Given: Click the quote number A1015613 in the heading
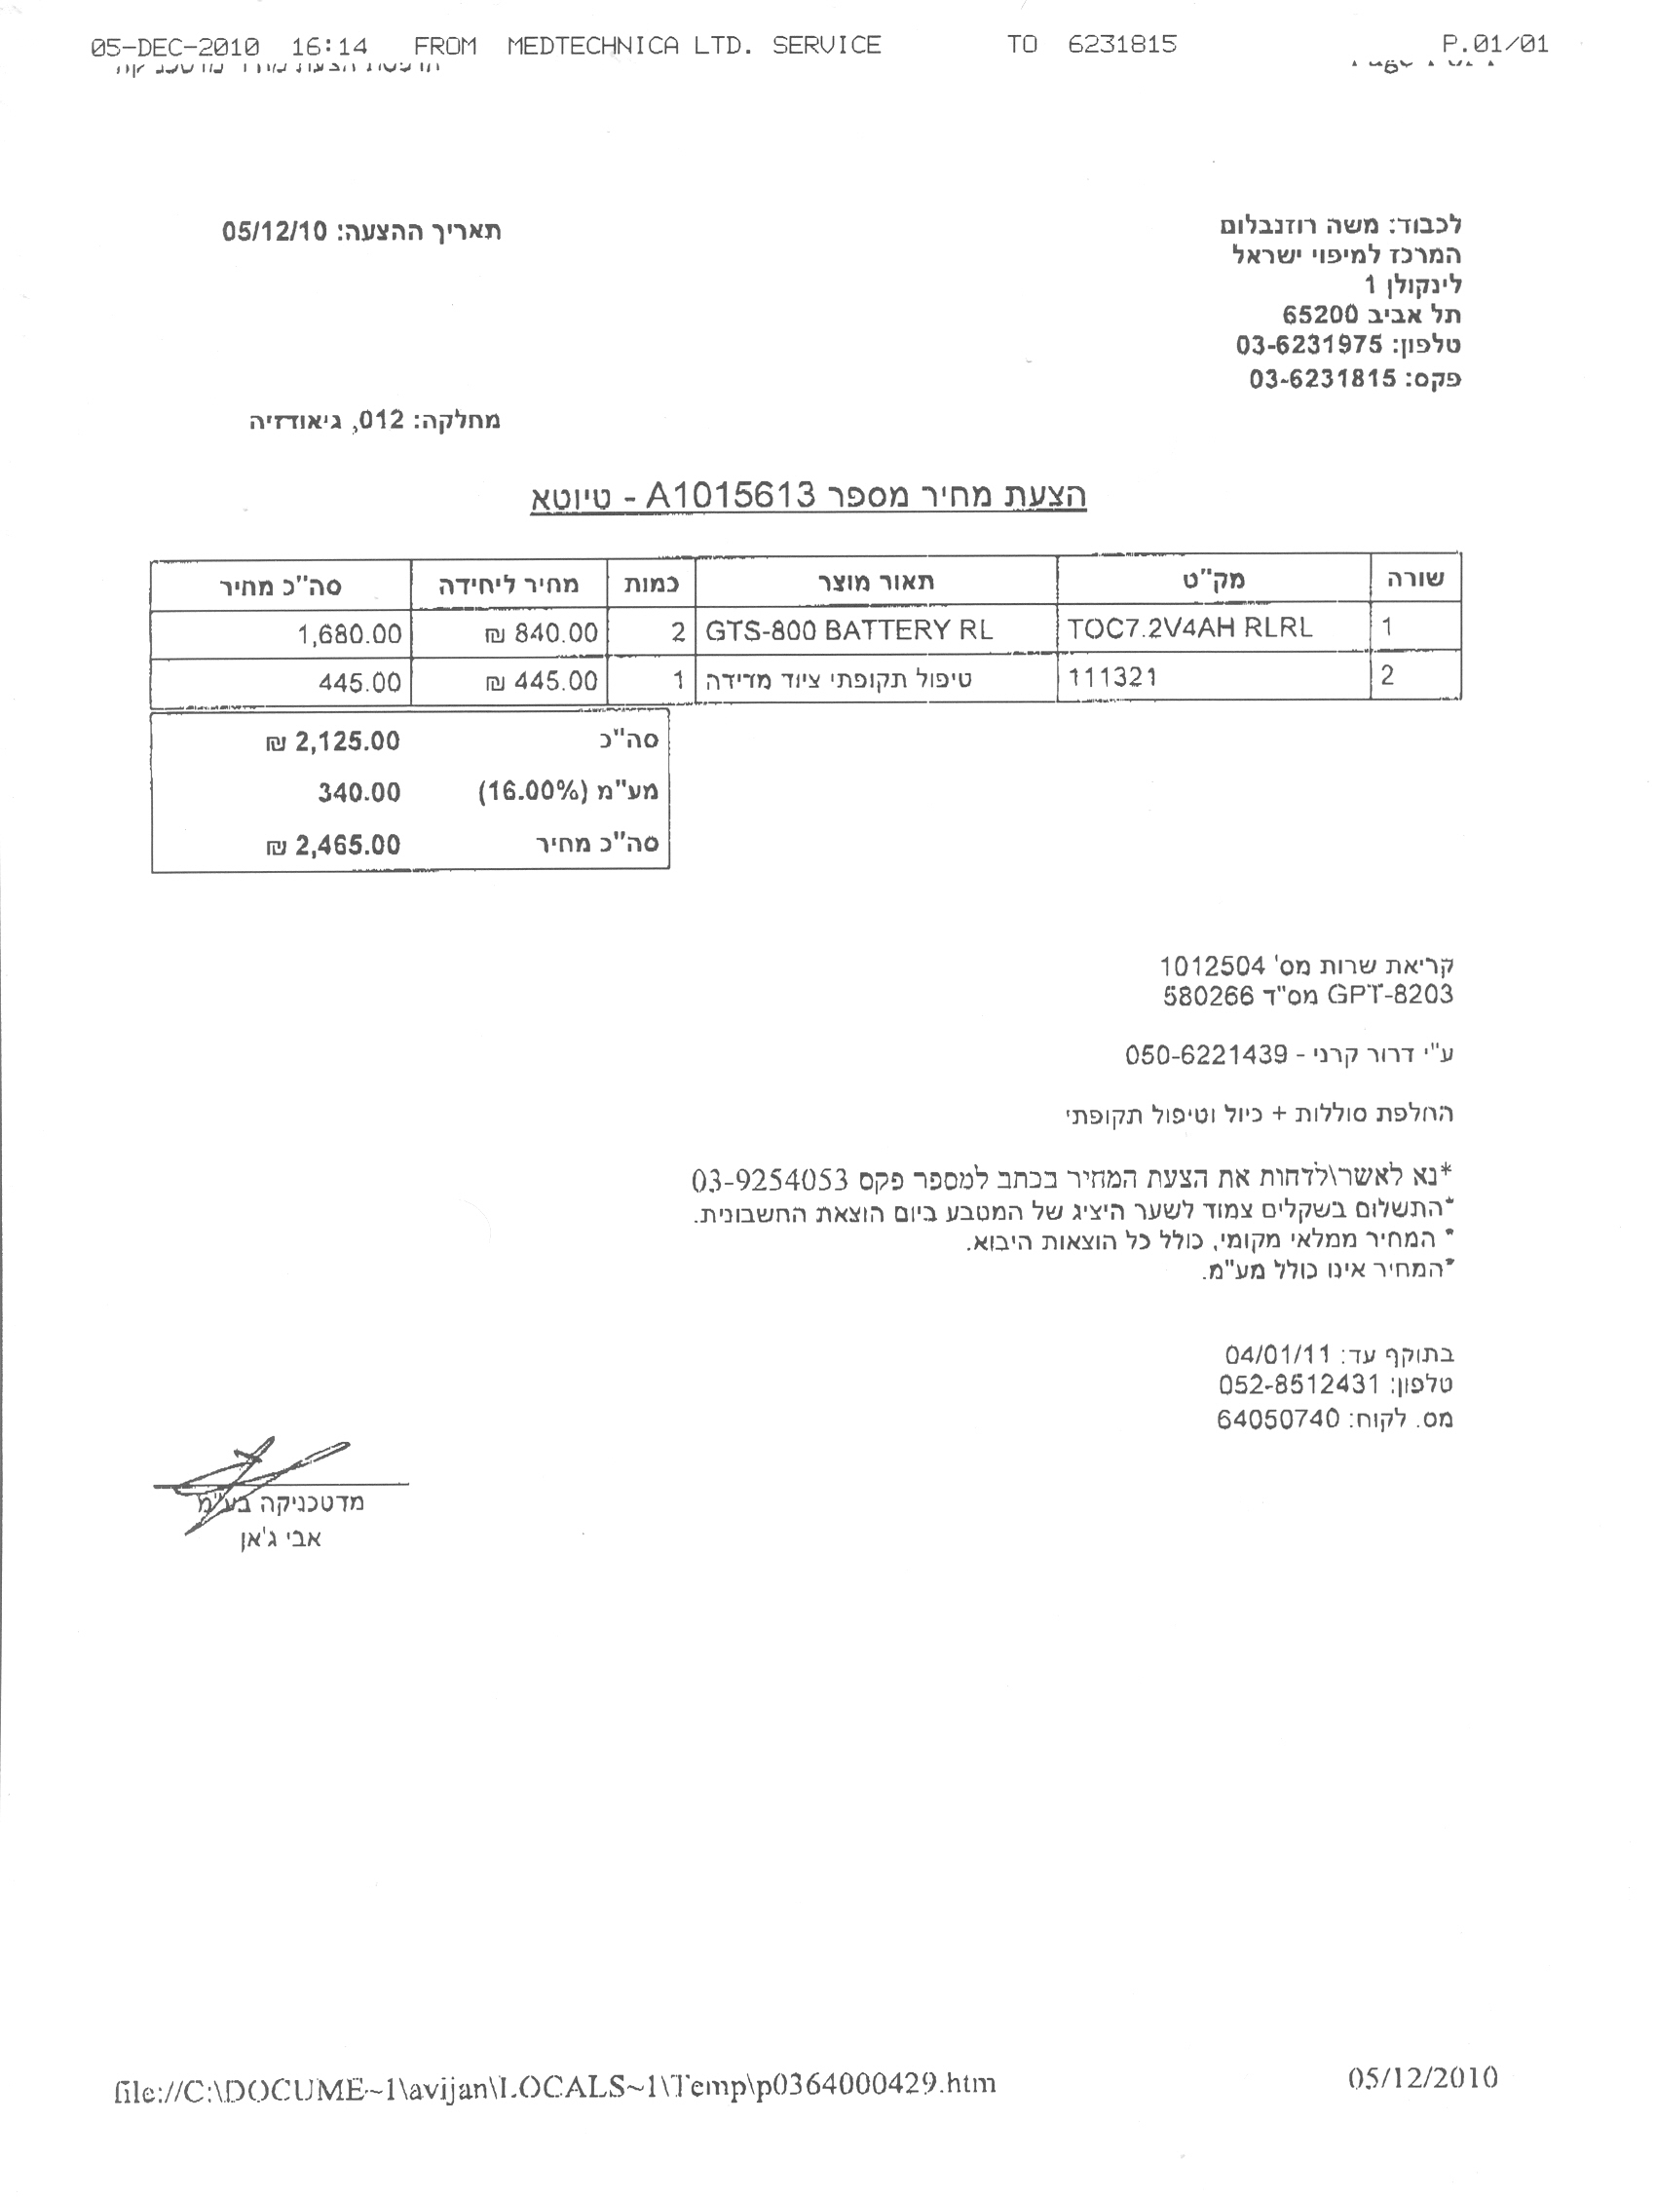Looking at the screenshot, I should coord(731,494).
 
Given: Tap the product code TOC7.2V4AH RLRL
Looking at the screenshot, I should coord(1189,627).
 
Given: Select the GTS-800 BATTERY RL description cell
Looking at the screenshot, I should coord(848,630).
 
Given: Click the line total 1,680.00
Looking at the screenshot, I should coord(350,634).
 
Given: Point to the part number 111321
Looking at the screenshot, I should coord(1112,678).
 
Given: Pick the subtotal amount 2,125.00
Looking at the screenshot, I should coord(347,741).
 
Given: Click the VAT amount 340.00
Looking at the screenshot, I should coord(358,793).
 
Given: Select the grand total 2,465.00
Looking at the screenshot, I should coord(347,846).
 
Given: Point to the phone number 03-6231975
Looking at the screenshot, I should coord(1309,346).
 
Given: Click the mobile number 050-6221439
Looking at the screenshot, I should coord(1206,1054).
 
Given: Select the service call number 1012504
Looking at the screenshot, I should coord(1212,965).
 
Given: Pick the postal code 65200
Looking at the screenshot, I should coord(1320,316).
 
